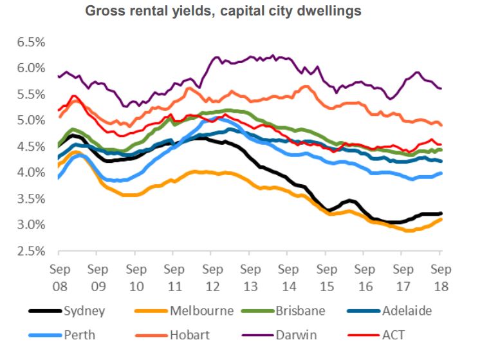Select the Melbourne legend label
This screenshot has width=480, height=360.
(202, 311)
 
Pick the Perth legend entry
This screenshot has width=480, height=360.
(79, 336)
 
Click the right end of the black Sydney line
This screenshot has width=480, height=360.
(441, 213)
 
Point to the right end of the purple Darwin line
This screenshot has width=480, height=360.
(441, 89)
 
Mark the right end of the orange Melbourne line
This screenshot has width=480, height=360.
(441, 219)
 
